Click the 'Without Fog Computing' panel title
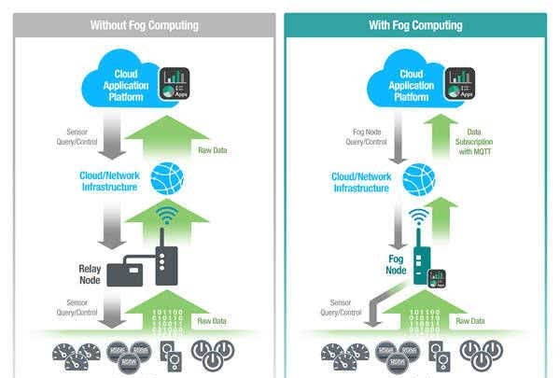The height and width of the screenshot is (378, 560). pos(145,25)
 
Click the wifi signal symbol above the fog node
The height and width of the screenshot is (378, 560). pos(418,220)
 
